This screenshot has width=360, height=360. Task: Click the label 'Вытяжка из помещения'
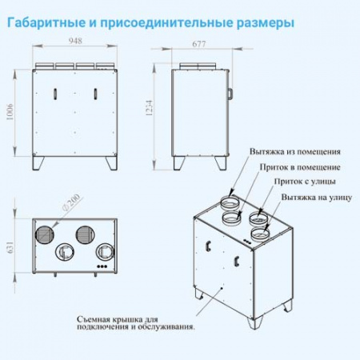coord(295,150)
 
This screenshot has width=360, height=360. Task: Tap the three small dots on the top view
coord(102,266)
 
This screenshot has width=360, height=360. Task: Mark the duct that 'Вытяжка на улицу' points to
coord(259,234)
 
